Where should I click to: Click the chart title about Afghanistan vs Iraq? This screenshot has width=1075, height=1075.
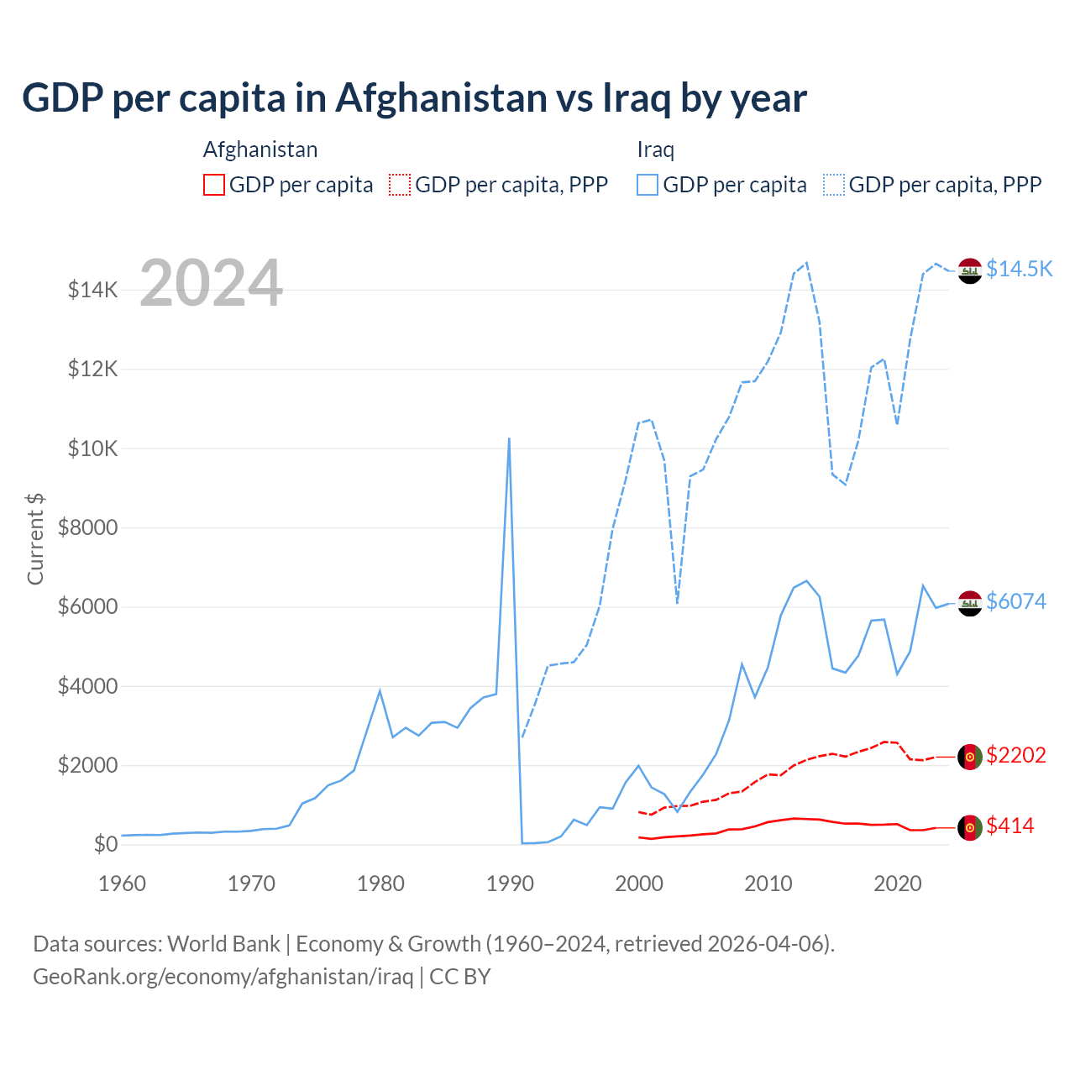point(414,98)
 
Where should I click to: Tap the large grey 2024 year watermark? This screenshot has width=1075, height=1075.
point(211,283)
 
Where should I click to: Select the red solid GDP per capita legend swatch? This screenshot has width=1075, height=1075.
point(214,185)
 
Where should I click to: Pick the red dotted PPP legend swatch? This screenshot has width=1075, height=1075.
point(400,185)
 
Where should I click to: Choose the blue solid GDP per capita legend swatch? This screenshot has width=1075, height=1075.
point(648,185)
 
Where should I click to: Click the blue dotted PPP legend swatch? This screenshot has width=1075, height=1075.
point(834,185)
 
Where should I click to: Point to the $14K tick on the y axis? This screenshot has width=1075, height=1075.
point(92,291)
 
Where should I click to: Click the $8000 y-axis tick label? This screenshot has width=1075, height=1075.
point(87,528)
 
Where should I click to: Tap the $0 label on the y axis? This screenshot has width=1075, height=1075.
point(105,844)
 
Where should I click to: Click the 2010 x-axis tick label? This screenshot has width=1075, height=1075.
point(768,884)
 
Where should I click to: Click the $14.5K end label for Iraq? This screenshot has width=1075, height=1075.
point(1019,269)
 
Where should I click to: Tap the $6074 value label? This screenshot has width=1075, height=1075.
point(1016,601)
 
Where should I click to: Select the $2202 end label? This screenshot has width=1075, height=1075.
point(1016,755)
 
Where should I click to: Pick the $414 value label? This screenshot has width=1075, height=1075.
point(1010,826)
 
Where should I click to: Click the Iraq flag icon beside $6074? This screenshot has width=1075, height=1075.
point(970,603)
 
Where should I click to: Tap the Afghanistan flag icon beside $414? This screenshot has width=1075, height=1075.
point(970,827)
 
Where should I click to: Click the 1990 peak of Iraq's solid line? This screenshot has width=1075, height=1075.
point(509,438)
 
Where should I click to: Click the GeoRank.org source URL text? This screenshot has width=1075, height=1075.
point(223,977)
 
